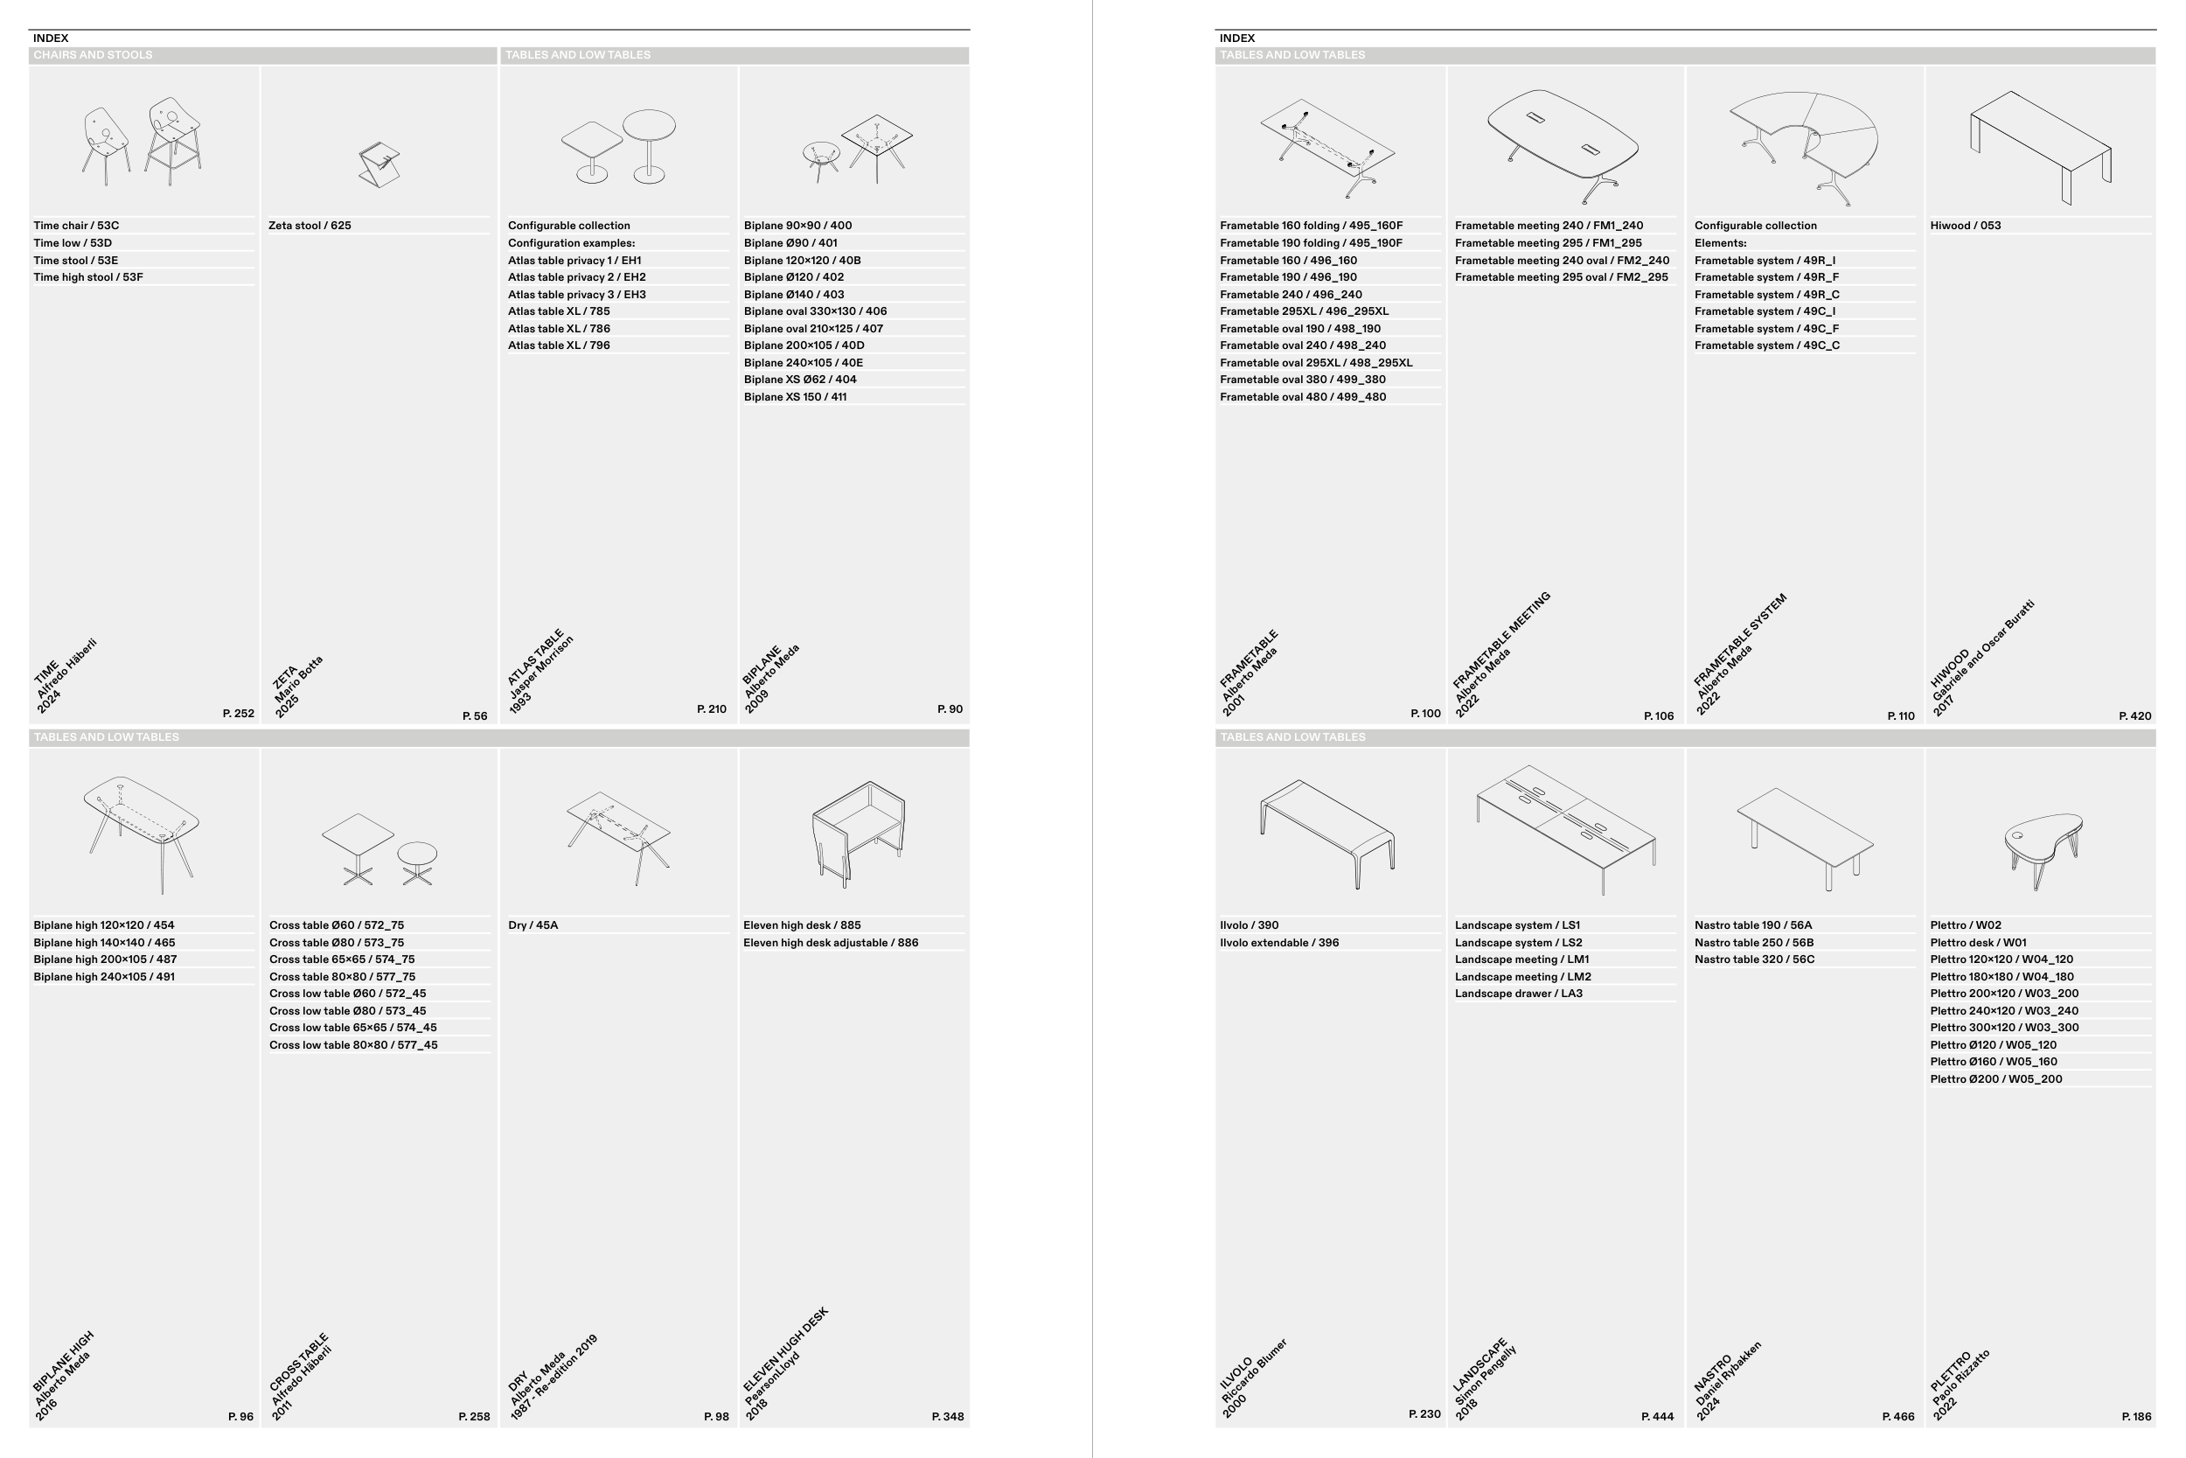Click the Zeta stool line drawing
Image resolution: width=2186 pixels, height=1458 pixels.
pyautogui.click(x=379, y=164)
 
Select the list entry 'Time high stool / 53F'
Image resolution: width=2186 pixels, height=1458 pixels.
pyautogui.click(x=88, y=277)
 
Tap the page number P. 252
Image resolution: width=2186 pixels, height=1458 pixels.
pyautogui.click(x=239, y=713)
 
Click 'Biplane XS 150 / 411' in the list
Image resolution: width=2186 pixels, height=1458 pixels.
pyautogui.click(x=795, y=397)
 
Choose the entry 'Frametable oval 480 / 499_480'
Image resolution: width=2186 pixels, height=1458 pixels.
pyautogui.click(x=1303, y=397)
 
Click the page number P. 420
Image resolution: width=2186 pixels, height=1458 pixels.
pyautogui.click(x=2135, y=716)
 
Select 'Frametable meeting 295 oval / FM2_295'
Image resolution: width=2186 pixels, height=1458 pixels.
pyautogui.click(x=1562, y=277)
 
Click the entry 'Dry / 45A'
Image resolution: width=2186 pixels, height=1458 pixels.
pyautogui.click(x=533, y=925)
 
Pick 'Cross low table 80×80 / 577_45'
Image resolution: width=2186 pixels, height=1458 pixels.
pyautogui.click(x=353, y=1045)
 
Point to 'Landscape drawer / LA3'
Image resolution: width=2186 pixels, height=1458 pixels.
pyautogui.click(x=1519, y=994)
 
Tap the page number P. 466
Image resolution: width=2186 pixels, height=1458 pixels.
pyautogui.click(x=1897, y=1417)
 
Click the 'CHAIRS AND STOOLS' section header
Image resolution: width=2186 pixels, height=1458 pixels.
pyautogui.click(x=93, y=55)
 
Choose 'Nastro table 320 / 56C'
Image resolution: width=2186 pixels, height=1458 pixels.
pyautogui.click(x=1754, y=959)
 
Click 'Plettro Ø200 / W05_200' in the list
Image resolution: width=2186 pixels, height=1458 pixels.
pyautogui.click(x=1995, y=1079)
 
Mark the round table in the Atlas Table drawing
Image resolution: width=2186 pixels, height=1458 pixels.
pyautogui.click(x=649, y=146)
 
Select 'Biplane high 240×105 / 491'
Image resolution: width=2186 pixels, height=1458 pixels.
pyautogui.click(x=104, y=977)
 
